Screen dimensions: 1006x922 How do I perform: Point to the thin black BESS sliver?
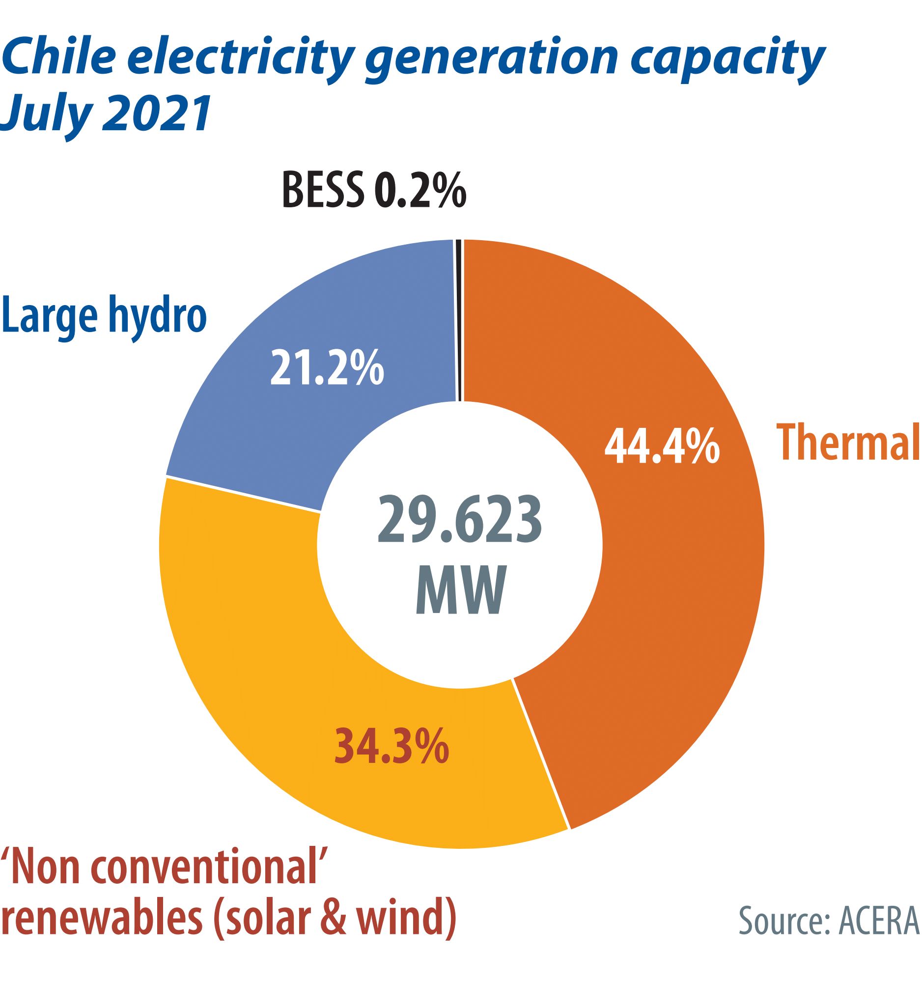pos(459,319)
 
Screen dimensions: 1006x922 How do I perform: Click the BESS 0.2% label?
pos(374,190)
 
